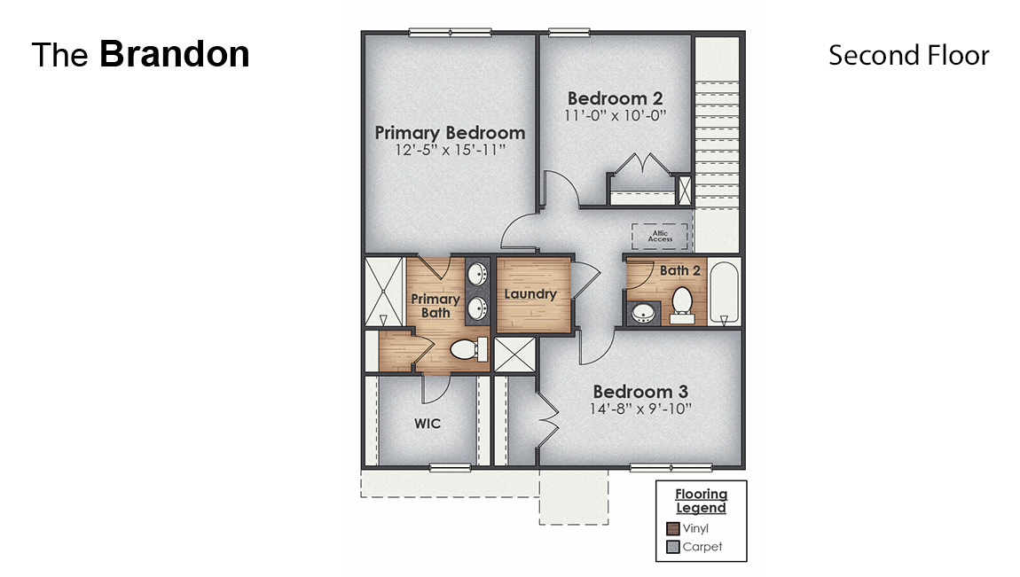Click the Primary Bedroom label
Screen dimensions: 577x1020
pyautogui.click(x=450, y=133)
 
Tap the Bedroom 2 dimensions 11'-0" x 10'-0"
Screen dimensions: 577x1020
pyautogui.click(x=616, y=115)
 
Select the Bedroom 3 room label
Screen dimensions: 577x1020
pyautogui.click(x=640, y=391)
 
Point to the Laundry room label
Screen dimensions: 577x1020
pyautogui.click(x=530, y=293)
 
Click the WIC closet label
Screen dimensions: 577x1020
pyautogui.click(x=428, y=424)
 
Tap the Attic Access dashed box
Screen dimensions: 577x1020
pyautogui.click(x=659, y=237)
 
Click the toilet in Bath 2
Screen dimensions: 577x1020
pyautogui.click(x=683, y=303)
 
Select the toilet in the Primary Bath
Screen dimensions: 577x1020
pyautogui.click(x=466, y=349)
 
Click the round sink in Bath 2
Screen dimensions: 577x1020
pyautogui.click(x=641, y=312)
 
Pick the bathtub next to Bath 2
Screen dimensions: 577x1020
pyautogui.click(x=725, y=292)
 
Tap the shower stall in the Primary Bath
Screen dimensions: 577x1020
pyautogui.click(x=385, y=292)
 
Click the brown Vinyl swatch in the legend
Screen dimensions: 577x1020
pyautogui.click(x=672, y=529)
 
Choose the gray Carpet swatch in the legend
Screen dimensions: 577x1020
pyautogui.click(x=672, y=547)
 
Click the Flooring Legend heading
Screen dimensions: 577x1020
pyautogui.click(x=701, y=501)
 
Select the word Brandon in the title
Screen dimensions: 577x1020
pyautogui.click(x=174, y=54)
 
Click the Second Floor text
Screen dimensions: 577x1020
pyautogui.click(x=908, y=55)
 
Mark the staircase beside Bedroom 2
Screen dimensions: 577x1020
pyautogui.click(x=717, y=142)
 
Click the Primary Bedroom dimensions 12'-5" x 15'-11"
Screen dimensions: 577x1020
pyautogui.click(x=450, y=151)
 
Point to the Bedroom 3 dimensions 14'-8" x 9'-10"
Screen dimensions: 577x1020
pyautogui.click(x=640, y=409)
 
